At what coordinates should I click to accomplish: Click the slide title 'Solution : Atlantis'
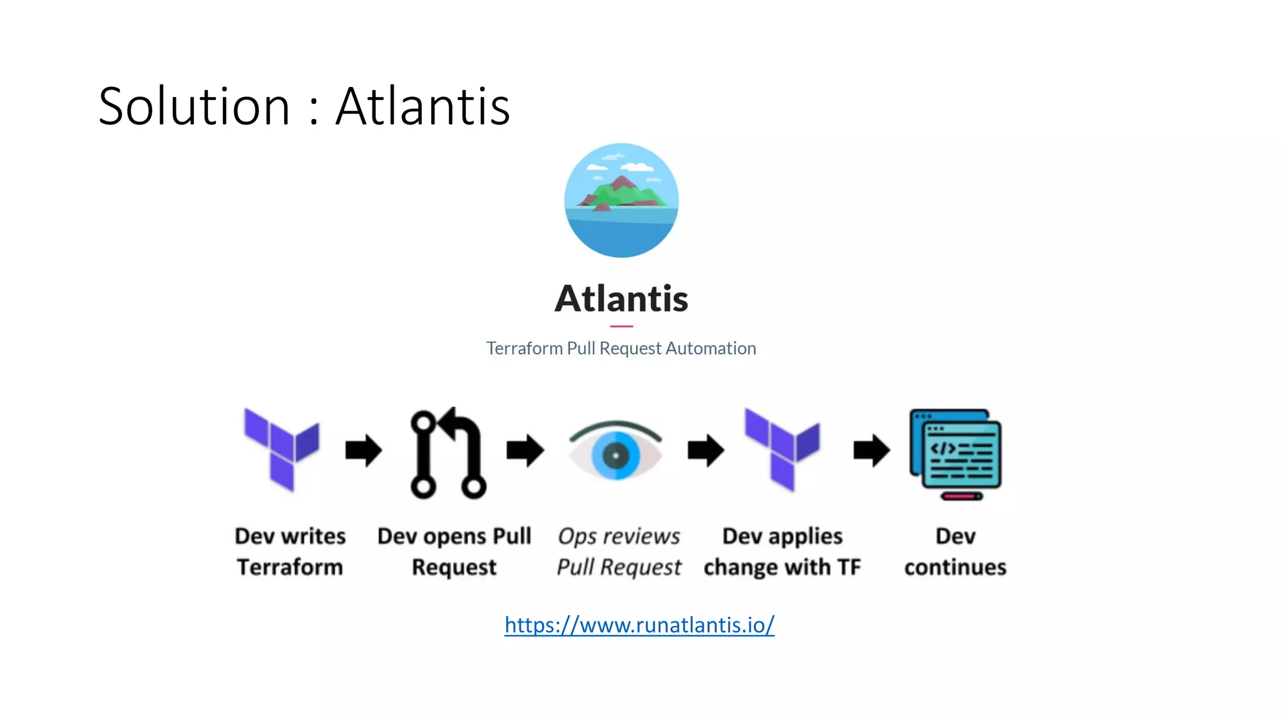coord(304,106)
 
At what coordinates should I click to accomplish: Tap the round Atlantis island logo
coord(621,200)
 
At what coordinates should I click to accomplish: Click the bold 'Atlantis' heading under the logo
coord(621,299)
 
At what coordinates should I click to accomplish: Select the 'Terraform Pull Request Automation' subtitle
coord(621,348)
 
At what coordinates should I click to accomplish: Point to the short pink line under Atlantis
coord(621,326)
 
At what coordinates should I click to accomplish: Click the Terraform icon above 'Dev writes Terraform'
coord(282,449)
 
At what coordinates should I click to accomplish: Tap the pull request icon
coord(448,453)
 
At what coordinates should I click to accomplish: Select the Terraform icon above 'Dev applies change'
coord(782,449)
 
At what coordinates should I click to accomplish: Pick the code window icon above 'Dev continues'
coord(956,454)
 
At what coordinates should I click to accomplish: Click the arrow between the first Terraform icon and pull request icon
coord(364,450)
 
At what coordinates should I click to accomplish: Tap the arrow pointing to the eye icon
coord(525,450)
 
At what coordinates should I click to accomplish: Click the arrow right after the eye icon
coord(706,450)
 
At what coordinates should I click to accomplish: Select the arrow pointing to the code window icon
coord(871,450)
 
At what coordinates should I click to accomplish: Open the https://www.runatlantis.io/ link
coord(639,625)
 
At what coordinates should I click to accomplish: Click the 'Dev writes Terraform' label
coord(290,551)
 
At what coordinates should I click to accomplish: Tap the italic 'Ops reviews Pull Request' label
coord(618,551)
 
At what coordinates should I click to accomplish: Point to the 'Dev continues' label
coord(955,551)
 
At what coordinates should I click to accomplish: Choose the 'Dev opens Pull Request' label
coord(454,551)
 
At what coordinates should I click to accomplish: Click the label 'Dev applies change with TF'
coord(782,551)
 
